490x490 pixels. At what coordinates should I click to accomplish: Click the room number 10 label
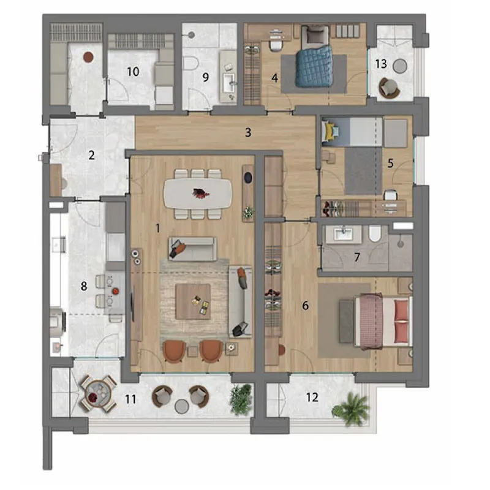tap(133, 72)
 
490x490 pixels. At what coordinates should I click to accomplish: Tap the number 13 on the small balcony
tap(381, 64)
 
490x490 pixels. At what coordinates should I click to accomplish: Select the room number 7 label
tap(357, 257)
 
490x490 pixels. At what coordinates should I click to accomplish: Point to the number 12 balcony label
tap(312, 397)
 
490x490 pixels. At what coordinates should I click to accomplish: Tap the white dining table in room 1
tap(198, 194)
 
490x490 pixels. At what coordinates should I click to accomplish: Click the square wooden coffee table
tap(193, 301)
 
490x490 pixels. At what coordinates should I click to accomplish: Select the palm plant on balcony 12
tap(350, 409)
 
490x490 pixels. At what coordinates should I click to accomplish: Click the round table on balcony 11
tap(98, 393)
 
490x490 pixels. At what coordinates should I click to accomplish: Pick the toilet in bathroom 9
tap(190, 64)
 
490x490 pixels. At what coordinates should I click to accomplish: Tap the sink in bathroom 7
tap(343, 233)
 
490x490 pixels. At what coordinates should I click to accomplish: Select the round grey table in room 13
tap(400, 66)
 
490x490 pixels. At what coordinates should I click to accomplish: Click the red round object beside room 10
tap(88, 57)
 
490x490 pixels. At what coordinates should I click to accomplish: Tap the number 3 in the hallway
tap(248, 132)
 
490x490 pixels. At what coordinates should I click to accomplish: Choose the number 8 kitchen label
tap(84, 286)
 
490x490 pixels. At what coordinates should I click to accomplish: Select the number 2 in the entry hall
tap(91, 155)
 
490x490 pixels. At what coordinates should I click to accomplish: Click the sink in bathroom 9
tap(228, 83)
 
